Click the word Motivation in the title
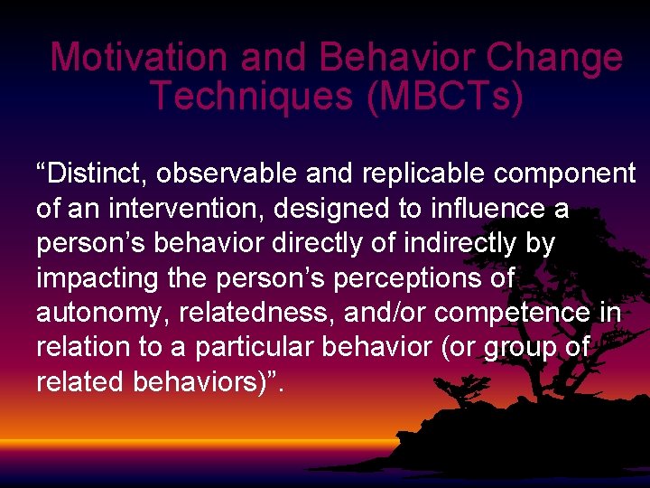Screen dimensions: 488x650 click(x=140, y=58)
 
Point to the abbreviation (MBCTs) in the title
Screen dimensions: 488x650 click(x=445, y=96)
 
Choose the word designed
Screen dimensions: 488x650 click(x=342, y=209)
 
